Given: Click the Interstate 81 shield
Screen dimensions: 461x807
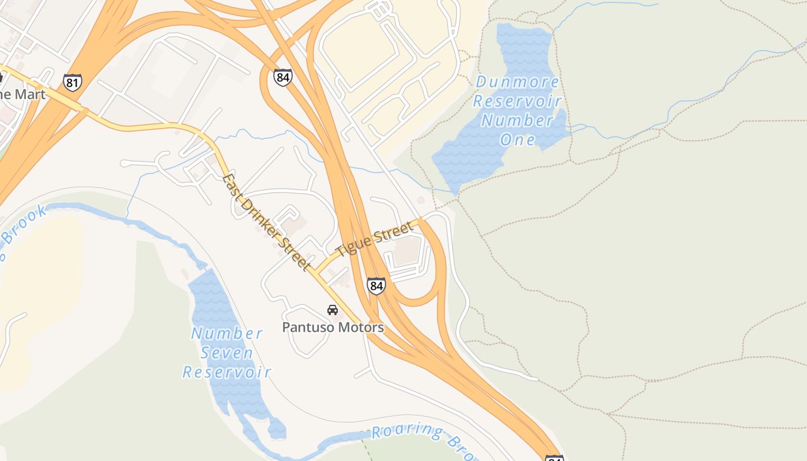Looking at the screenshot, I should (x=73, y=82).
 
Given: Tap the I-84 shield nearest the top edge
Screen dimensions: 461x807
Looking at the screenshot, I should (x=282, y=77).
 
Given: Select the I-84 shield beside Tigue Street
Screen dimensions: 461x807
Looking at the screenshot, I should (x=376, y=286).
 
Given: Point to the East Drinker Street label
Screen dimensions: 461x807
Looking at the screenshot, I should (x=266, y=222).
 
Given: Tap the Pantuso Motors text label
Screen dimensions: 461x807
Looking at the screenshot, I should (x=333, y=327).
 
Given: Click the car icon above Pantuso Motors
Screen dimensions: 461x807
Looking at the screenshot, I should (x=333, y=310).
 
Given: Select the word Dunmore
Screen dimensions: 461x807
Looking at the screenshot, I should (x=517, y=82).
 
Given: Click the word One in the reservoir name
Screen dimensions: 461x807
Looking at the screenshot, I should (x=517, y=139).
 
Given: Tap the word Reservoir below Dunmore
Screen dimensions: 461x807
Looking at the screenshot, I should (x=517, y=101).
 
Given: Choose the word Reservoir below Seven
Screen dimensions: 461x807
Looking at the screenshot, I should (x=227, y=372).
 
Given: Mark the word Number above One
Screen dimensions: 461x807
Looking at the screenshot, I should (x=517, y=120).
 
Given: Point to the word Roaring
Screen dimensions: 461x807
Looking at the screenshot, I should (x=408, y=431).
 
